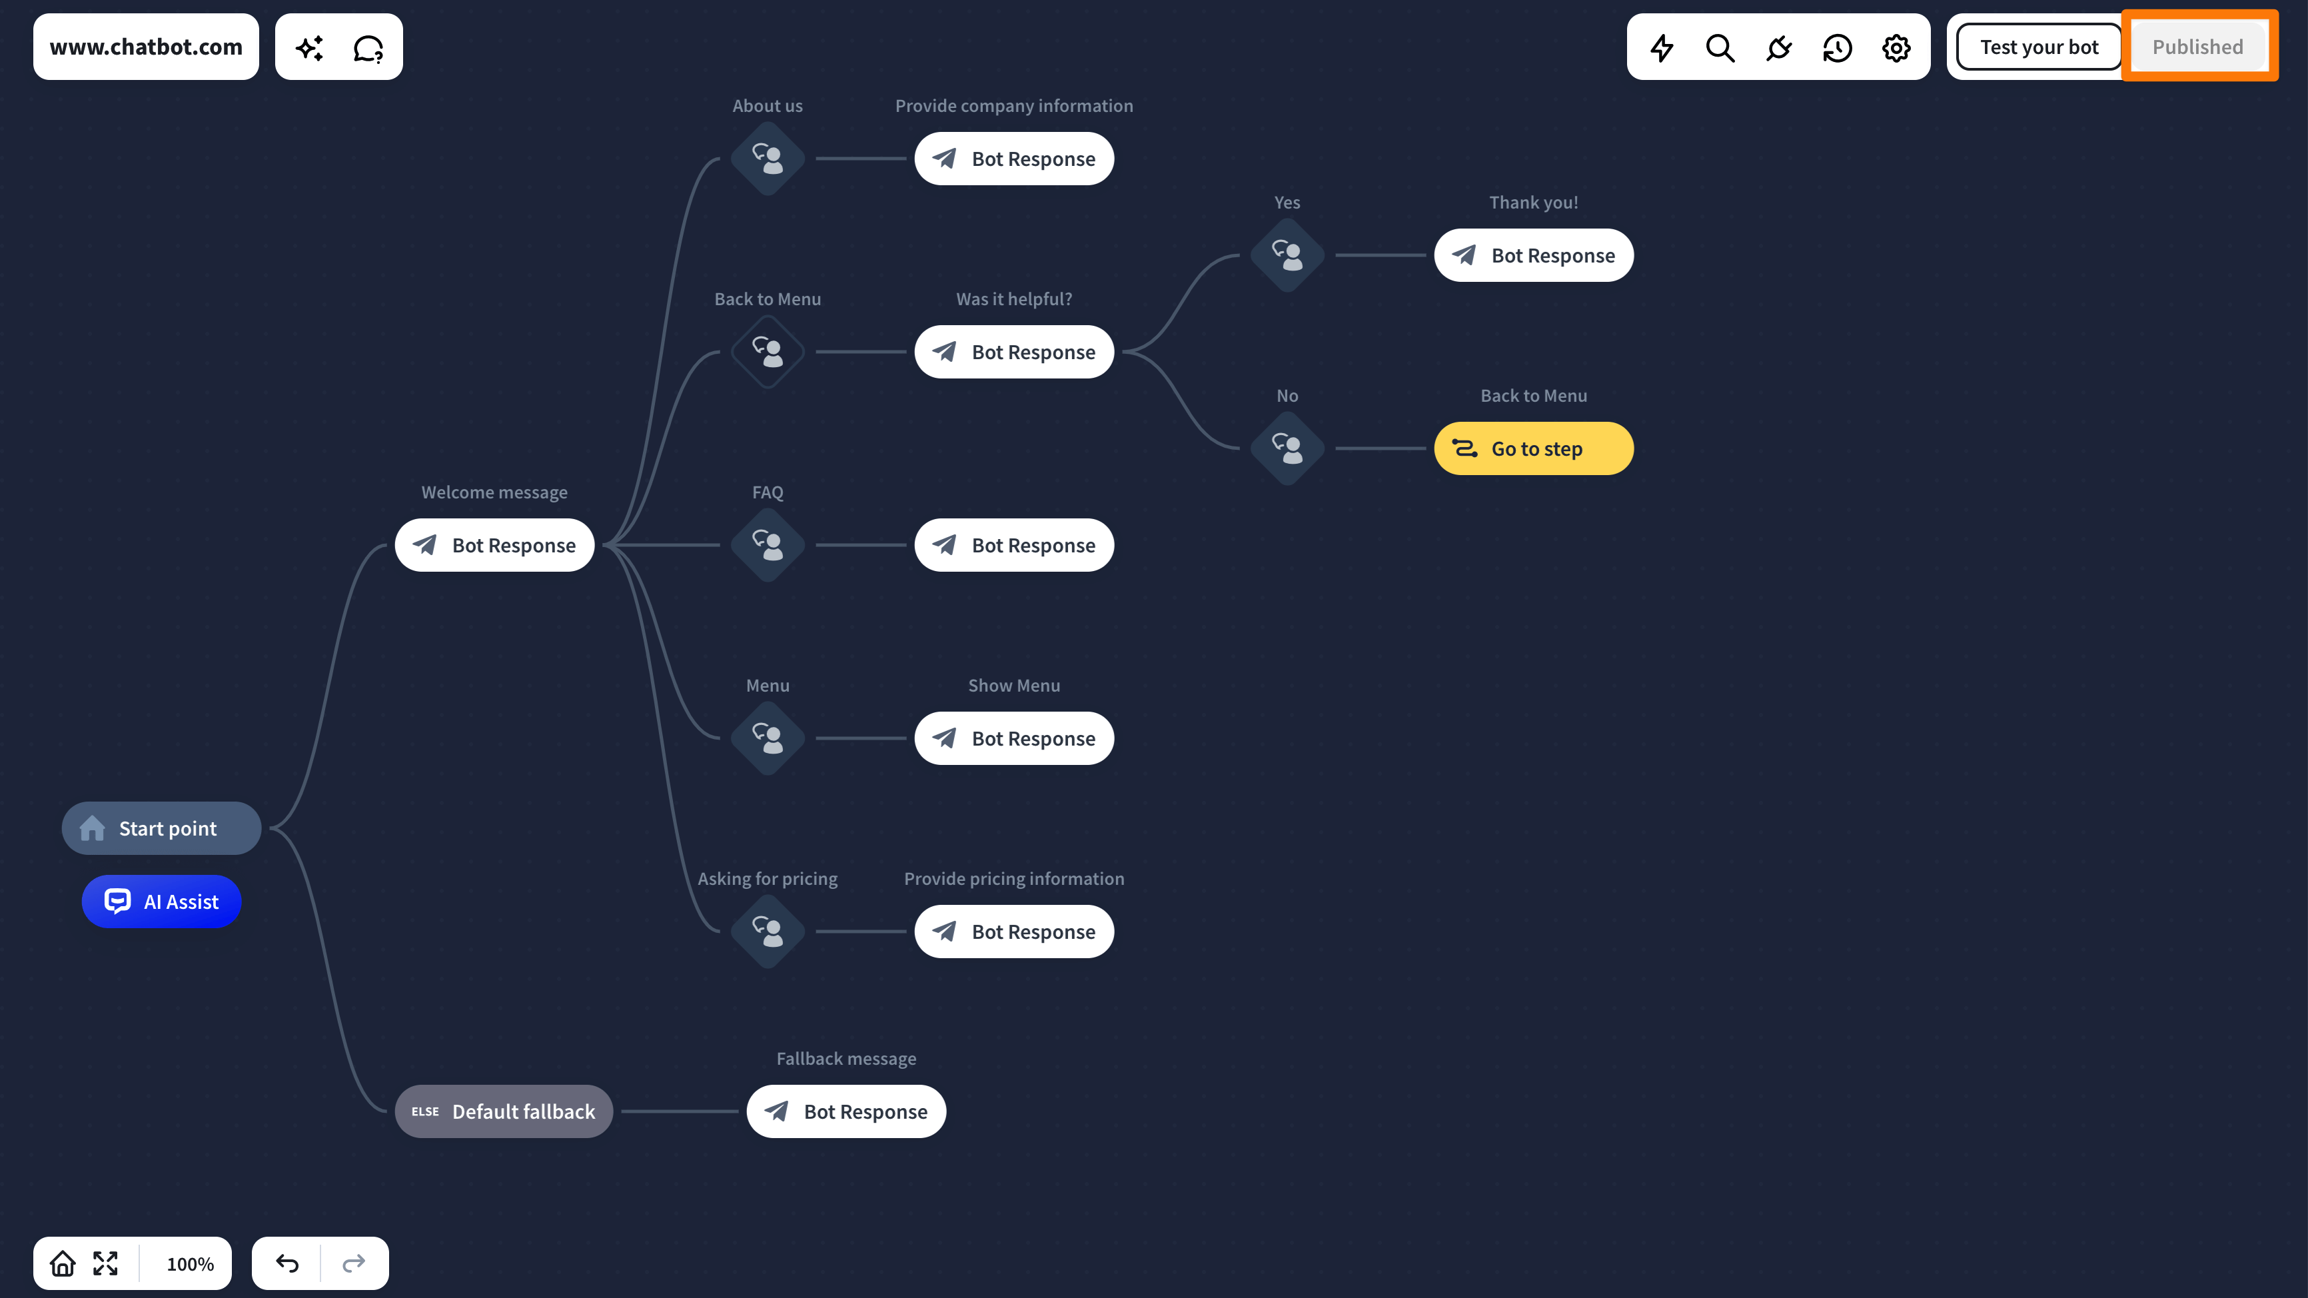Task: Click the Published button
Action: (2198, 47)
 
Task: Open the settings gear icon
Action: (1896, 47)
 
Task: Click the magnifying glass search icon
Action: (1720, 47)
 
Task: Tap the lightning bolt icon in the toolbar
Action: (1662, 47)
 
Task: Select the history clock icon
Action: (1838, 47)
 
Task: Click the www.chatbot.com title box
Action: (146, 47)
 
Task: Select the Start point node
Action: (161, 828)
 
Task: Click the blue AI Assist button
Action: (161, 901)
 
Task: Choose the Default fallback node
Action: (504, 1111)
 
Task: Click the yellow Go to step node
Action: (1534, 448)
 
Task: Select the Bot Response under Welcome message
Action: (494, 544)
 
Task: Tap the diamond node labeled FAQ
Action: (768, 544)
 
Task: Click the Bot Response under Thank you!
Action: (1534, 255)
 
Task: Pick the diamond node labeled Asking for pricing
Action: (768, 932)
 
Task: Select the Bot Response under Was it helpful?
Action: (1014, 352)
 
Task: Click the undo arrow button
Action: (287, 1263)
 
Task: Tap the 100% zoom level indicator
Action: (190, 1264)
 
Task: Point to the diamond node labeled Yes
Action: (1287, 255)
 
